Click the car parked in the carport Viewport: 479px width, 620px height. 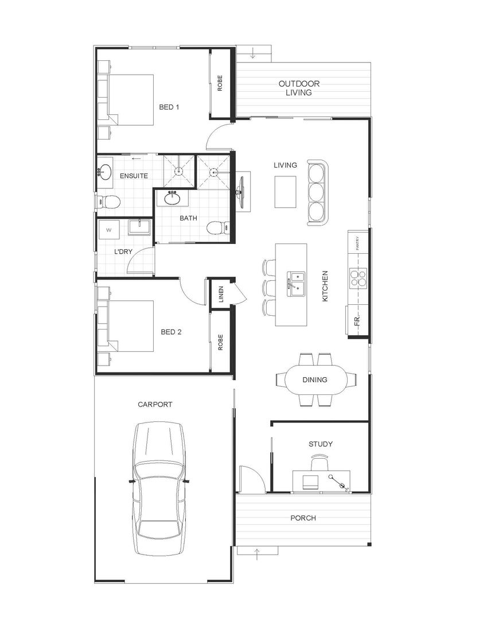[x=159, y=488]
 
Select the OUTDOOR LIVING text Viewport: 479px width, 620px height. [x=299, y=88]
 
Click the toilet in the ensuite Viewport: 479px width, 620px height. [x=108, y=202]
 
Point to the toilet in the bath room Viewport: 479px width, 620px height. [x=217, y=228]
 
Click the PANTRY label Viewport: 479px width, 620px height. [x=357, y=245]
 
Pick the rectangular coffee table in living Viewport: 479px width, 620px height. [x=286, y=192]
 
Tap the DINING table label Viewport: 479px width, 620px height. [x=315, y=379]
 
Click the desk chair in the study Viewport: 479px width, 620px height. [x=320, y=463]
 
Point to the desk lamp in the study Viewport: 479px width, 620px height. [x=338, y=481]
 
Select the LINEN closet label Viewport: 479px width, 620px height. [x=221, y=293]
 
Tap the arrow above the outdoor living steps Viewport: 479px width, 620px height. [x=254, y=54]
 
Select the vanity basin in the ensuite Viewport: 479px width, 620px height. [x=105, y=171]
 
